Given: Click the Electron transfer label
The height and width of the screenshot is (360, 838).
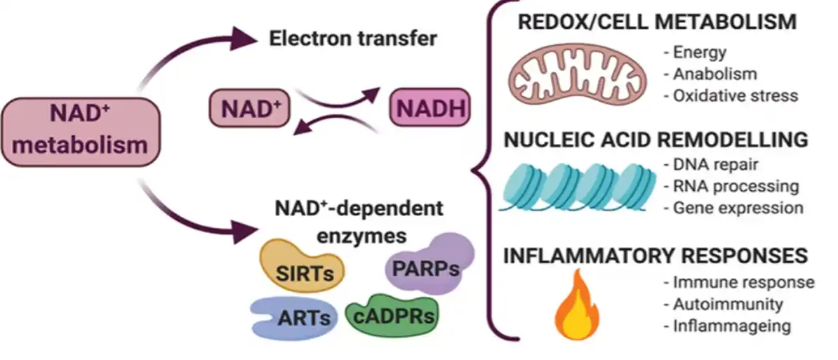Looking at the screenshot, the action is click(353, 39).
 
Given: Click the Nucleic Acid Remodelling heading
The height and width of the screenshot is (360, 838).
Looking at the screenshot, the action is click(657, 140).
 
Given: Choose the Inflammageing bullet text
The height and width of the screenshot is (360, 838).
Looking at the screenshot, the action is click(727, 326).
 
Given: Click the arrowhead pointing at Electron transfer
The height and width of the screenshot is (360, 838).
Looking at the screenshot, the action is click(244, 39).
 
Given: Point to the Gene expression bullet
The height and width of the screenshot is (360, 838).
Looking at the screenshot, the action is click(733, 207).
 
